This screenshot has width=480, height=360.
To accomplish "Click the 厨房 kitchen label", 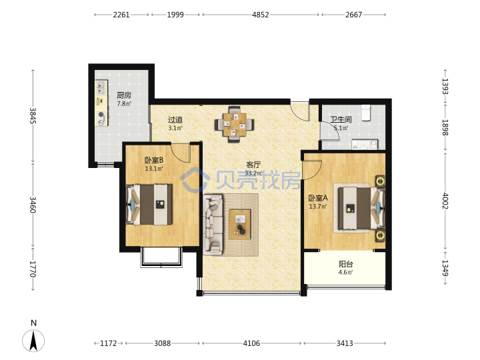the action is click(x=124, y=95).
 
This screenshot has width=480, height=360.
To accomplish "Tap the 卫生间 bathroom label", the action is click(x=341, y=119).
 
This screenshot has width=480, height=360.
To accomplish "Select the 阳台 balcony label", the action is click(x=346, y=264).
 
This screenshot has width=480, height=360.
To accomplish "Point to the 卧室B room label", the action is click(x=154, y=160).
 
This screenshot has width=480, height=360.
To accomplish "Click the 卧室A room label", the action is click(x=318, y=198).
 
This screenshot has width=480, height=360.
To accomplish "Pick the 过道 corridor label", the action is click(x=175, y=119).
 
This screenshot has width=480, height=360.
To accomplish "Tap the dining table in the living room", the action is click(x=235, y=124).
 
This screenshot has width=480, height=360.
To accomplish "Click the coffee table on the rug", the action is click(x=240, y=224).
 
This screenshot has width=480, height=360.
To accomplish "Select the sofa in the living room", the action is click(x=213, y=225).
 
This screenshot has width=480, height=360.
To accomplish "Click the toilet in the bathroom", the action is click(x=366, y=113).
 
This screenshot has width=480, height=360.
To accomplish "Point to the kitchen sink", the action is click(x=101, y=87).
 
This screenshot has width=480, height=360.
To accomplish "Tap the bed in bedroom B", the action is click(x=149, y=204).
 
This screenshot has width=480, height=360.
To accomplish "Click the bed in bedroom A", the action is click(x=361, y=208).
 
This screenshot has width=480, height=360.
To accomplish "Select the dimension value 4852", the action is click(x=261, y=15).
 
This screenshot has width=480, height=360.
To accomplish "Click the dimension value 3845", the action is click(x=33, y=116).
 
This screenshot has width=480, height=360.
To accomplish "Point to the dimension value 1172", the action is click(x=109, y=343).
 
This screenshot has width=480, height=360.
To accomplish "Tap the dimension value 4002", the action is click(x=445, y=201).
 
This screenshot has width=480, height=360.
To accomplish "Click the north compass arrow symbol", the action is click(x=33, y=341).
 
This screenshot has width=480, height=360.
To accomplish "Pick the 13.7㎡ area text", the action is click(x=318, y=206).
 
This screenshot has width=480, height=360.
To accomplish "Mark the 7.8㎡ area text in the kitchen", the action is click(x=124, y=104).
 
